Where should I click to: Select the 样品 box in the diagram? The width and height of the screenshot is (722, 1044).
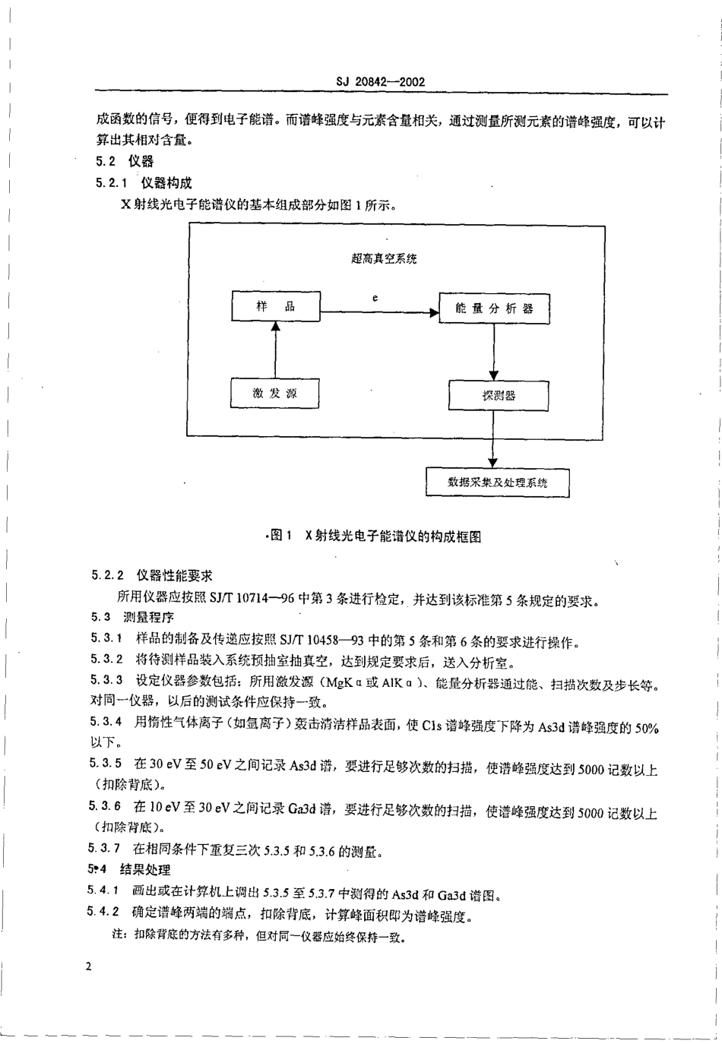click(x=275, y=307)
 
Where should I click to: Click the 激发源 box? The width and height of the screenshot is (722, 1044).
click(x=275, y=394)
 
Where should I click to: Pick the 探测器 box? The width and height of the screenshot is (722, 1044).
click(x=498, y=396)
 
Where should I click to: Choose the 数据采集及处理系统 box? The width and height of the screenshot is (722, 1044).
click(x=497, y=482)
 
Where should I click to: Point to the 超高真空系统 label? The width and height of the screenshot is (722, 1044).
click(x=384, y=259)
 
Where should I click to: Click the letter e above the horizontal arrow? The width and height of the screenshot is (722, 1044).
click(x=375, y=298)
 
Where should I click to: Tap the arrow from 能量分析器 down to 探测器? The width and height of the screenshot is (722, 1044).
click(x=494, y=352)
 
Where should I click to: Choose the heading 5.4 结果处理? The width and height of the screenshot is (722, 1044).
click(x=128, y=869)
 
